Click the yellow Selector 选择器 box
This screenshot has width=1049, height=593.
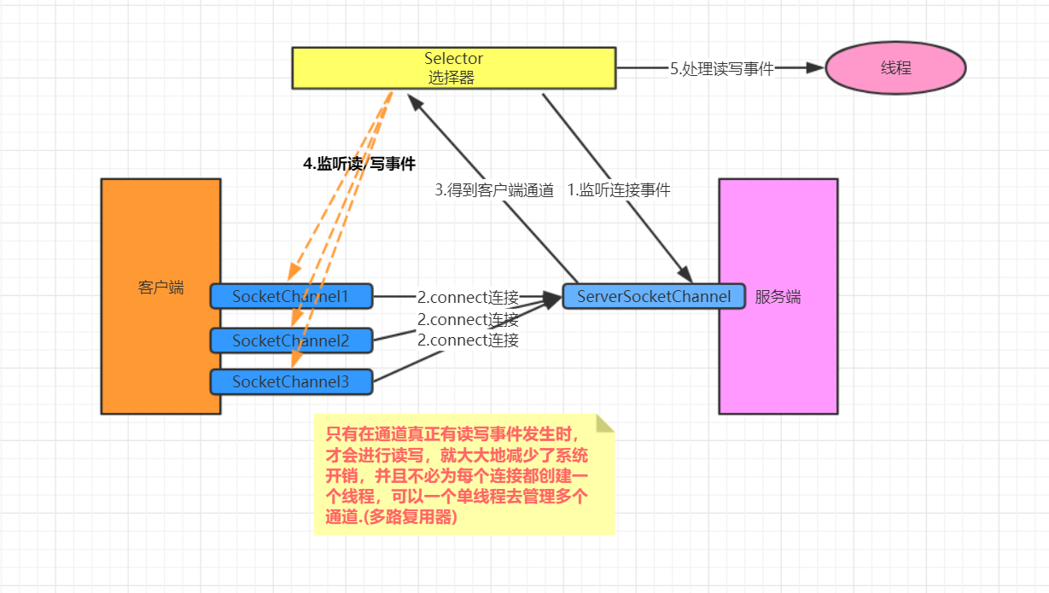(453, 68)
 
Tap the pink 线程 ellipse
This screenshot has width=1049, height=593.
(895, 68)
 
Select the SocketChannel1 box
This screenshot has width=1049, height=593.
(291, 296)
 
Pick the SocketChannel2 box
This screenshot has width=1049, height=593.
(291, 340)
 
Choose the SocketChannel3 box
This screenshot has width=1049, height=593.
(291, 381)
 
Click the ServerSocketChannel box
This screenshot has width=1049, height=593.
(654, 296)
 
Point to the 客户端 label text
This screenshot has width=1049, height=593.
(160, 288)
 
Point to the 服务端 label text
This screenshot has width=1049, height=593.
(778, 297)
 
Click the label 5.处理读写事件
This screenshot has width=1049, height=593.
(721, 69)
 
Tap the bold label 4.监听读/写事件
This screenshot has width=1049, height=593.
(359, 164)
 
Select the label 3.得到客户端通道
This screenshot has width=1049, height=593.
(494, 190)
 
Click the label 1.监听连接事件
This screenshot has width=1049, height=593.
(619, 190)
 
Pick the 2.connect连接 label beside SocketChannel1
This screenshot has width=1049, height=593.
(468, 298)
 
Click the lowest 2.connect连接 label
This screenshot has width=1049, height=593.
(468, 340)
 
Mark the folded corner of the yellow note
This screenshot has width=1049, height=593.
(605, 424)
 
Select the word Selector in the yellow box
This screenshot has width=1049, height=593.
(453, 59)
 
